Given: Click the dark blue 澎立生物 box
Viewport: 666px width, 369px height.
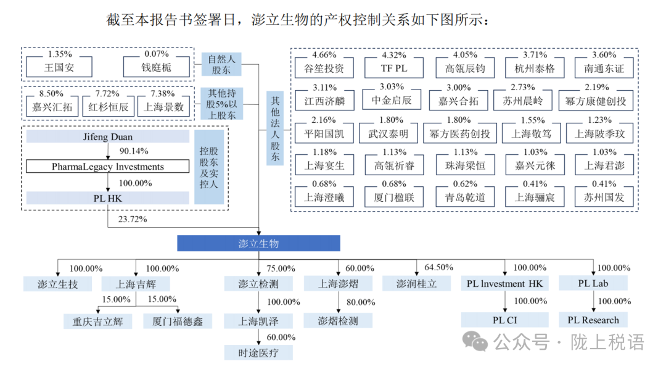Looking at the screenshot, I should point(258,243).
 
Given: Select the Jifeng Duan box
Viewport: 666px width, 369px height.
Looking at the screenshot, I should point(108,137).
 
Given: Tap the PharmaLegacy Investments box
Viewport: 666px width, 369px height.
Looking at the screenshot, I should point(108,167).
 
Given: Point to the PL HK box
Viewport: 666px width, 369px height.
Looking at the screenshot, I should point(108,198).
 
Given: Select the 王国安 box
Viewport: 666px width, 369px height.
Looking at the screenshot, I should point(59,67).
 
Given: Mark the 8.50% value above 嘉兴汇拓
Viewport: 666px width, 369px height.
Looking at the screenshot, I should point(51,93).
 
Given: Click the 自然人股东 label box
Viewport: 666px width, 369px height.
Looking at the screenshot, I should point(221,65).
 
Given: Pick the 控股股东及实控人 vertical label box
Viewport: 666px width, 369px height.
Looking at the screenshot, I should point(209,167).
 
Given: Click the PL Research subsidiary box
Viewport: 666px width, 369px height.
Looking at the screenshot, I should point(593,320).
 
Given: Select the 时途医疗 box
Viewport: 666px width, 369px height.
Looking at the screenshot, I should point(258,352).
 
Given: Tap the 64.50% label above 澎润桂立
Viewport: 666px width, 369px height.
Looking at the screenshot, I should point(438,267).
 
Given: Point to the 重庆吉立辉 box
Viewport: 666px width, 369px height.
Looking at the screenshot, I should point(97,321).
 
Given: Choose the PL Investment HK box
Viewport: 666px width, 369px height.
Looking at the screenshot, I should point(505,284).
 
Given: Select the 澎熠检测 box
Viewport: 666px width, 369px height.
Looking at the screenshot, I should point(338,320).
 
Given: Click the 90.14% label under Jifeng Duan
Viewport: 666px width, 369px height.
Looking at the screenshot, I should point(133,151).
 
